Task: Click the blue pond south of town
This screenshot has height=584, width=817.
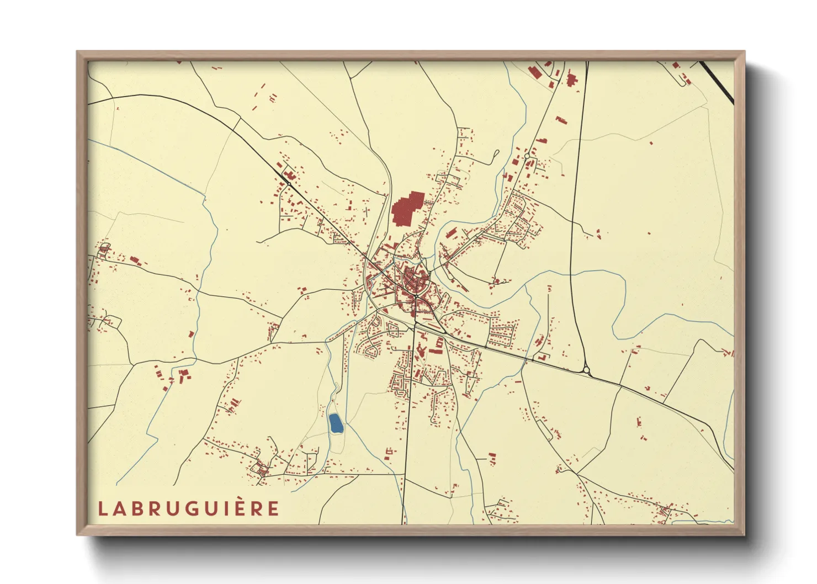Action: tap(335, 423)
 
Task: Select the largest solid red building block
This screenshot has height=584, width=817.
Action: tap(407, 208)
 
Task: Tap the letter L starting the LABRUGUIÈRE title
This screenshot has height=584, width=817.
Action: tap(102, 508)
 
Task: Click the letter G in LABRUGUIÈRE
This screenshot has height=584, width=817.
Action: tap(191, 508)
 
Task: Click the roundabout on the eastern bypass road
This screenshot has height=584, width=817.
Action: tap(586, 370)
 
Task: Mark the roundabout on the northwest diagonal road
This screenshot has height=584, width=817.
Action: tap(288, 183)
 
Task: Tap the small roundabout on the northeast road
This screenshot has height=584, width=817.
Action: tap(527, 157)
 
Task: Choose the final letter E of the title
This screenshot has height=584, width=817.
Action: tap(274, 508)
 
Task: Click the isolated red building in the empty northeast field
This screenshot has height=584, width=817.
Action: tap(651, 144)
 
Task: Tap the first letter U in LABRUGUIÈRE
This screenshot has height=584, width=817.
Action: tap(173, 508)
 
